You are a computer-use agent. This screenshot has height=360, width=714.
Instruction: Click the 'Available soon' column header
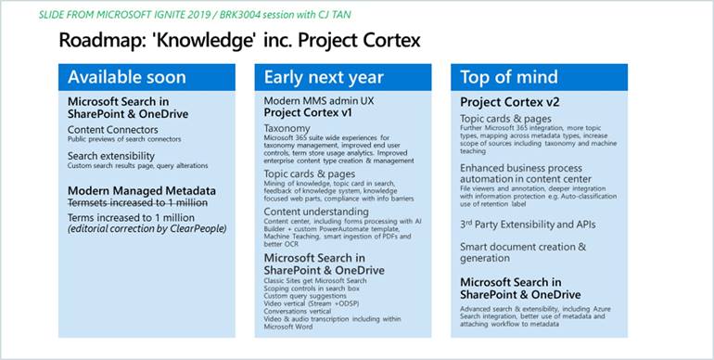click(x=127, y=77)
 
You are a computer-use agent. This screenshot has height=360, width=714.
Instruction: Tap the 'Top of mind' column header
click(x=510, y=77)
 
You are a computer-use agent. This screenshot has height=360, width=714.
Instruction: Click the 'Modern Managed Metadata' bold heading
click(x=142, y=190)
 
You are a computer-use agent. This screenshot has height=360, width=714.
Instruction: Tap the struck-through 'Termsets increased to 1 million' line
click(x=139, y=203)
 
